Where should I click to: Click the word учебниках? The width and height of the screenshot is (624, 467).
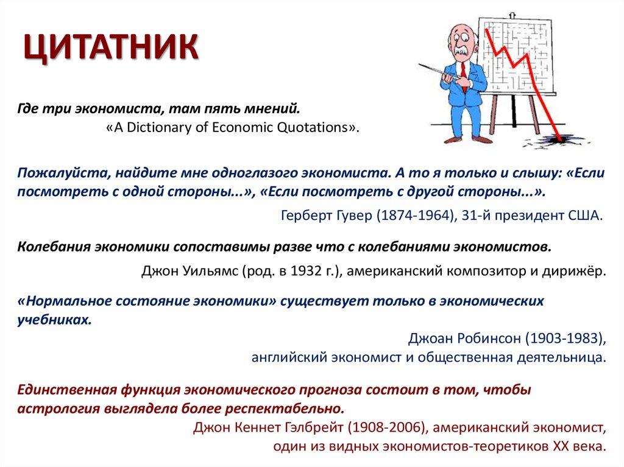click(55, 318)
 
